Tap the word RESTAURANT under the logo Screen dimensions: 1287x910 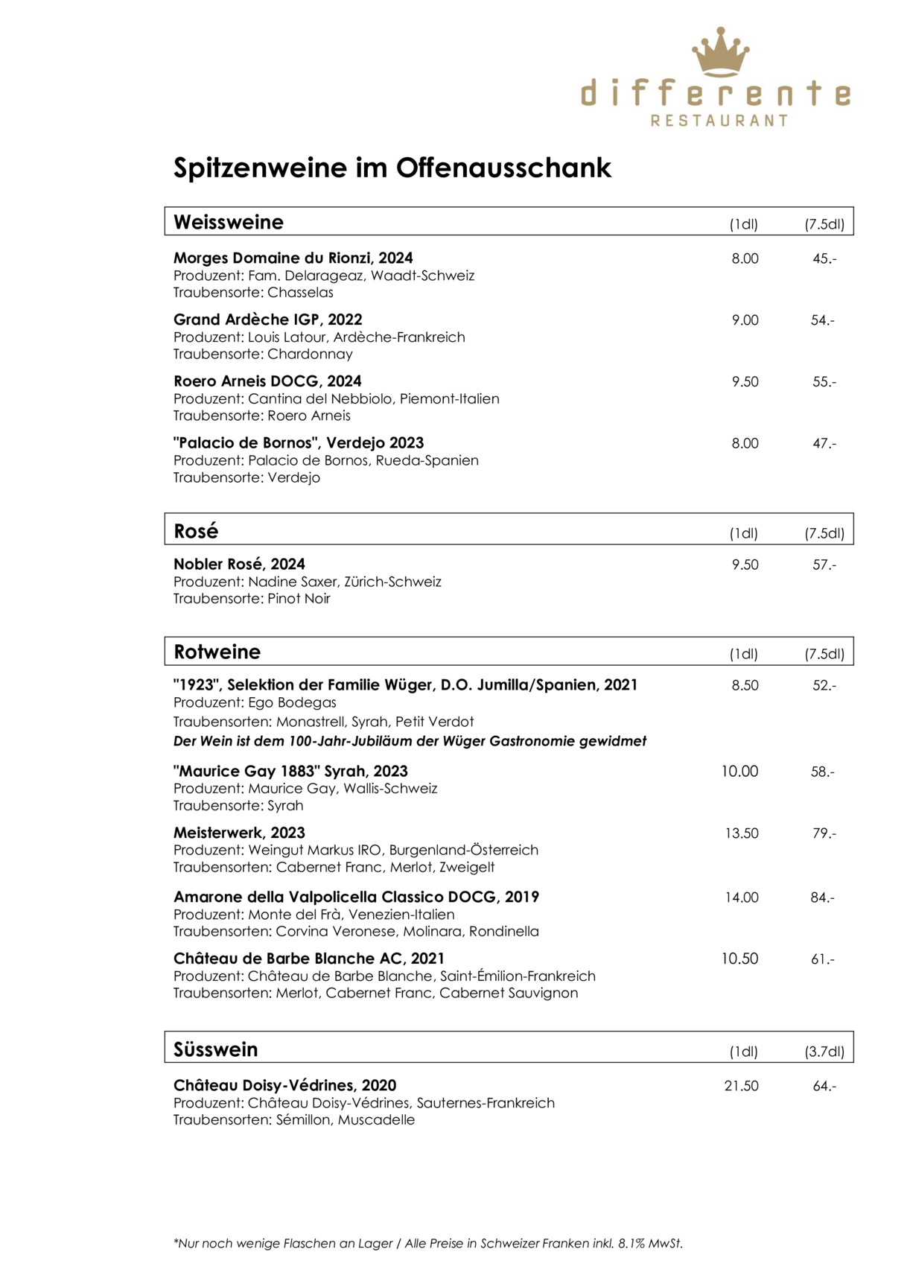pyautogui.click(x=719, y=121)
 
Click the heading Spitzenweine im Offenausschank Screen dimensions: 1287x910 pyautogui.click(x=392, y=168)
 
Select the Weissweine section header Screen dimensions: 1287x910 pyautogui.click(x=229, y=222)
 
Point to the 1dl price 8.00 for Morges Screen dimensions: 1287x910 pyautogui.click(x=745, y=258)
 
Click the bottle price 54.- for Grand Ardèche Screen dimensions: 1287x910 pyautogui.click(x=823, y=320)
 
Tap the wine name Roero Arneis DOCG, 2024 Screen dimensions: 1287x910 pyautogui.click(x=267, y=381)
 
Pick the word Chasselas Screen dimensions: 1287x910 pyautogui.click(x=300, y=293)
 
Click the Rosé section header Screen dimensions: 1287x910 pyautogui.click(x=196, y=531)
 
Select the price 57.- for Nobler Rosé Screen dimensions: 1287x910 pyautogui.click(x=824, y=565)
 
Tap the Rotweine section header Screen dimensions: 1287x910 pyautogui.click(x=217, y=652)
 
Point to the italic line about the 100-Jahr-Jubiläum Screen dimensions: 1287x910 pyautogui.click(x=410, y=741)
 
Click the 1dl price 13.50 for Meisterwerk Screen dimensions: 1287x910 pyautogui.click(x=742, y=833)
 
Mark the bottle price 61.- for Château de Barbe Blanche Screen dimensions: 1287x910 pyautogui.click(x=823, y=959)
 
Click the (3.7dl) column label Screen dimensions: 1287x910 pyautogui.click(x=824, y=1052)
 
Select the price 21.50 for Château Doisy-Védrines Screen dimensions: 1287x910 pyautogui.click(x=741, y=1086)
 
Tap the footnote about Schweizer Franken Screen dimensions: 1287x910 pyautogui.click(x=427, y=1243)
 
